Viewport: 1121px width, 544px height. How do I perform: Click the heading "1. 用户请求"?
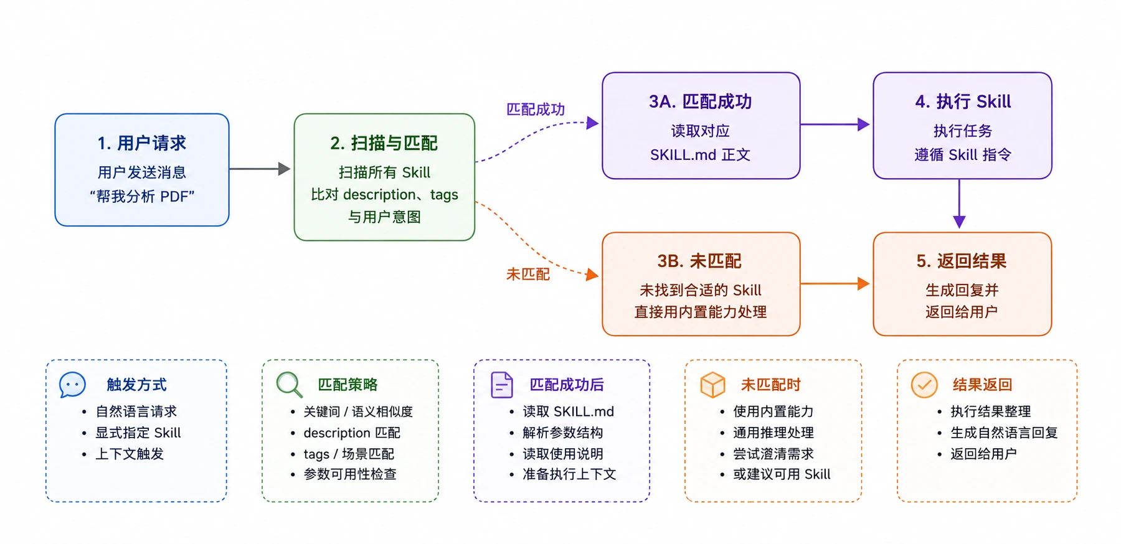click(x=142, y=143)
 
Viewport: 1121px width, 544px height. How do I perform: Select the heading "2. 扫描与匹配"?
click(x=384, y=143)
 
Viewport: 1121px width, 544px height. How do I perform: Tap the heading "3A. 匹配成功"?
click(x=701, y=101)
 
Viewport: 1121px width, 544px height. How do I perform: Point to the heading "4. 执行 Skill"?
click(x=963, y=101)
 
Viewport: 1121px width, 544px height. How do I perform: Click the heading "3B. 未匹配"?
click(x=699, y=261)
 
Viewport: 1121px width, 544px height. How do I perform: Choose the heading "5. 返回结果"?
click(x=962, y=261)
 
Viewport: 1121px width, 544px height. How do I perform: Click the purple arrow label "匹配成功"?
click(x=536, y=110)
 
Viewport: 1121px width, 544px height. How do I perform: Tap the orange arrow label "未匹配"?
click(x=528, y=274)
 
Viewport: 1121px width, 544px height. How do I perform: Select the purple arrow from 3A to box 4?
click(x=835, y=124)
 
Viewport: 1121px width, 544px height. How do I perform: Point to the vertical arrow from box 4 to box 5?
click(x=959, y=204)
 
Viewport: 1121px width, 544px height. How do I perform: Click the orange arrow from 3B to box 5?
click(x=835, y=284)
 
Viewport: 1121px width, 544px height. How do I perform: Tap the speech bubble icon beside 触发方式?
click(x=72, y=385)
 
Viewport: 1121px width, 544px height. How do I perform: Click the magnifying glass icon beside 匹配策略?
click(x=290, y=385)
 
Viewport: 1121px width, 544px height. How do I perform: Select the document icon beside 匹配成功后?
click(x=501, y=385)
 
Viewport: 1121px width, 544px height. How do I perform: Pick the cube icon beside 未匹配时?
click(x=713, y=385)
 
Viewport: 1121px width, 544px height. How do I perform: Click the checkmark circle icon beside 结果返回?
click(x=924, y=385)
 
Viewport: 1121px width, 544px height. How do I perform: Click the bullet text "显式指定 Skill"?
click(x=138, y=433)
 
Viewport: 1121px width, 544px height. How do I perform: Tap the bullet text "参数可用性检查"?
click(x=350, y=474)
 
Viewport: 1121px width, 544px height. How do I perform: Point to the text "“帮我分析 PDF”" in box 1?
click(x=142, y=197)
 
